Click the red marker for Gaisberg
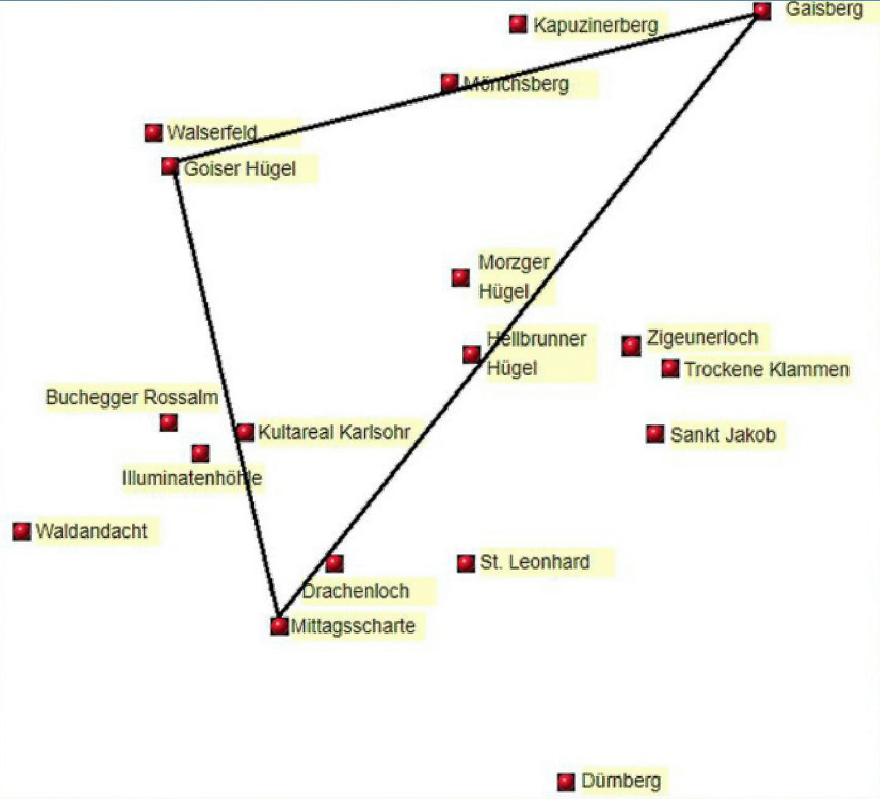pyautogui.click(x=762, y=11)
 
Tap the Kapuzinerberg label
pyautogui.click(x=596, y=25)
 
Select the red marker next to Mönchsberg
pyautogui.click(x=449, y=82)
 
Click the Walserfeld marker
pyautogui.click(x=153, y=132)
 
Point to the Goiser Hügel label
pyautogui.click(x=240, y=169)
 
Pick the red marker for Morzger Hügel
pyautogui.click(x=461, y=278)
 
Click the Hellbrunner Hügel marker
pyautogui.click(x=471, y=354)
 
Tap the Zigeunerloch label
pyautogui.click(x=702, y=337)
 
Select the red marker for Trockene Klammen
pyautogui.click(x=670, y=368)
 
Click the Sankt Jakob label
pyautogui.click(x=723, y=435)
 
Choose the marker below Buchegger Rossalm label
pyautogui.click(x=169, y=422)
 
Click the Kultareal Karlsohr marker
pyautogui.click(x=245, y=432)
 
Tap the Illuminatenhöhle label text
pyautogui.click(x=192, y=478)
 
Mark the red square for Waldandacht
pyautogui.click(x=22, y=531)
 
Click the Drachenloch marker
pyautogui.click(x=334, y=564)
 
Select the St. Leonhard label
pyautogui.click(x=534, y=562)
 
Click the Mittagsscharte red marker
pyautogui.click(x=279, y=625)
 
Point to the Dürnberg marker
pyautogui.click(x=566, y=781)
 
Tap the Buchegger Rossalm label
pyautogui.click(x=132, y=398)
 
